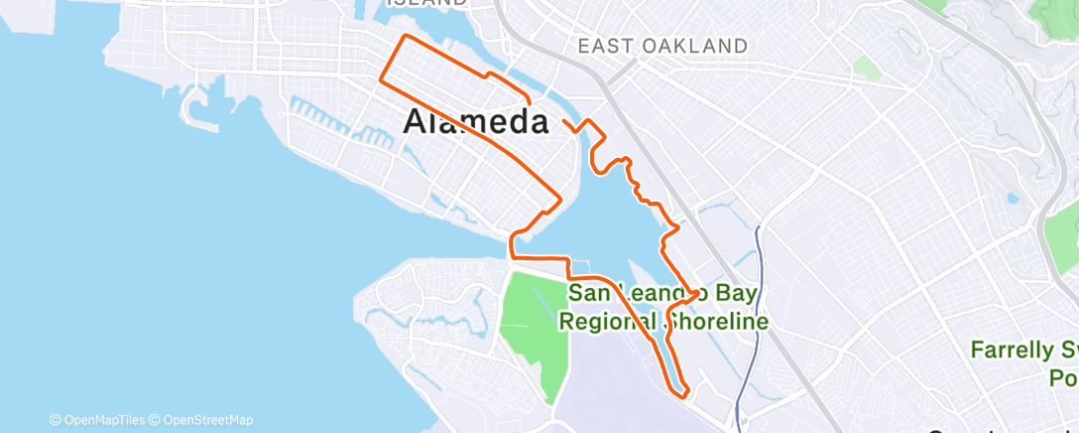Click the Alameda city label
point(476,122)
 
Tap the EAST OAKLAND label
point(662,46)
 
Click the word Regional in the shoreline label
point(607,322)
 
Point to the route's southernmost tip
point(683,395)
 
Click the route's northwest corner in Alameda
point(404,37)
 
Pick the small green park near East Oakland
point(866,68)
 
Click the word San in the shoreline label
point(589,293)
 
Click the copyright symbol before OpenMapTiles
point(55,420)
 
